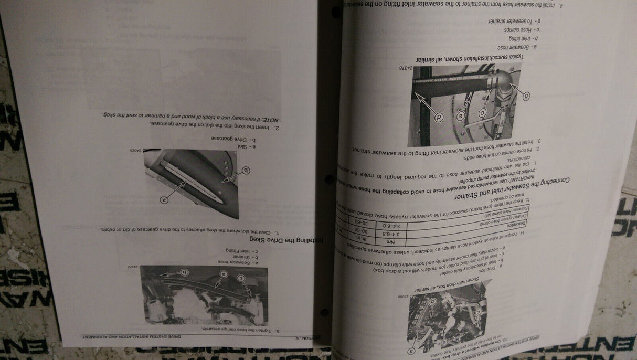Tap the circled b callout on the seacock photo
coord(526,96)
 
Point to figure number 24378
coord(406,68)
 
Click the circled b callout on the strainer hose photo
coord(184,272)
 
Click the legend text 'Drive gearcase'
coord(231,138)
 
